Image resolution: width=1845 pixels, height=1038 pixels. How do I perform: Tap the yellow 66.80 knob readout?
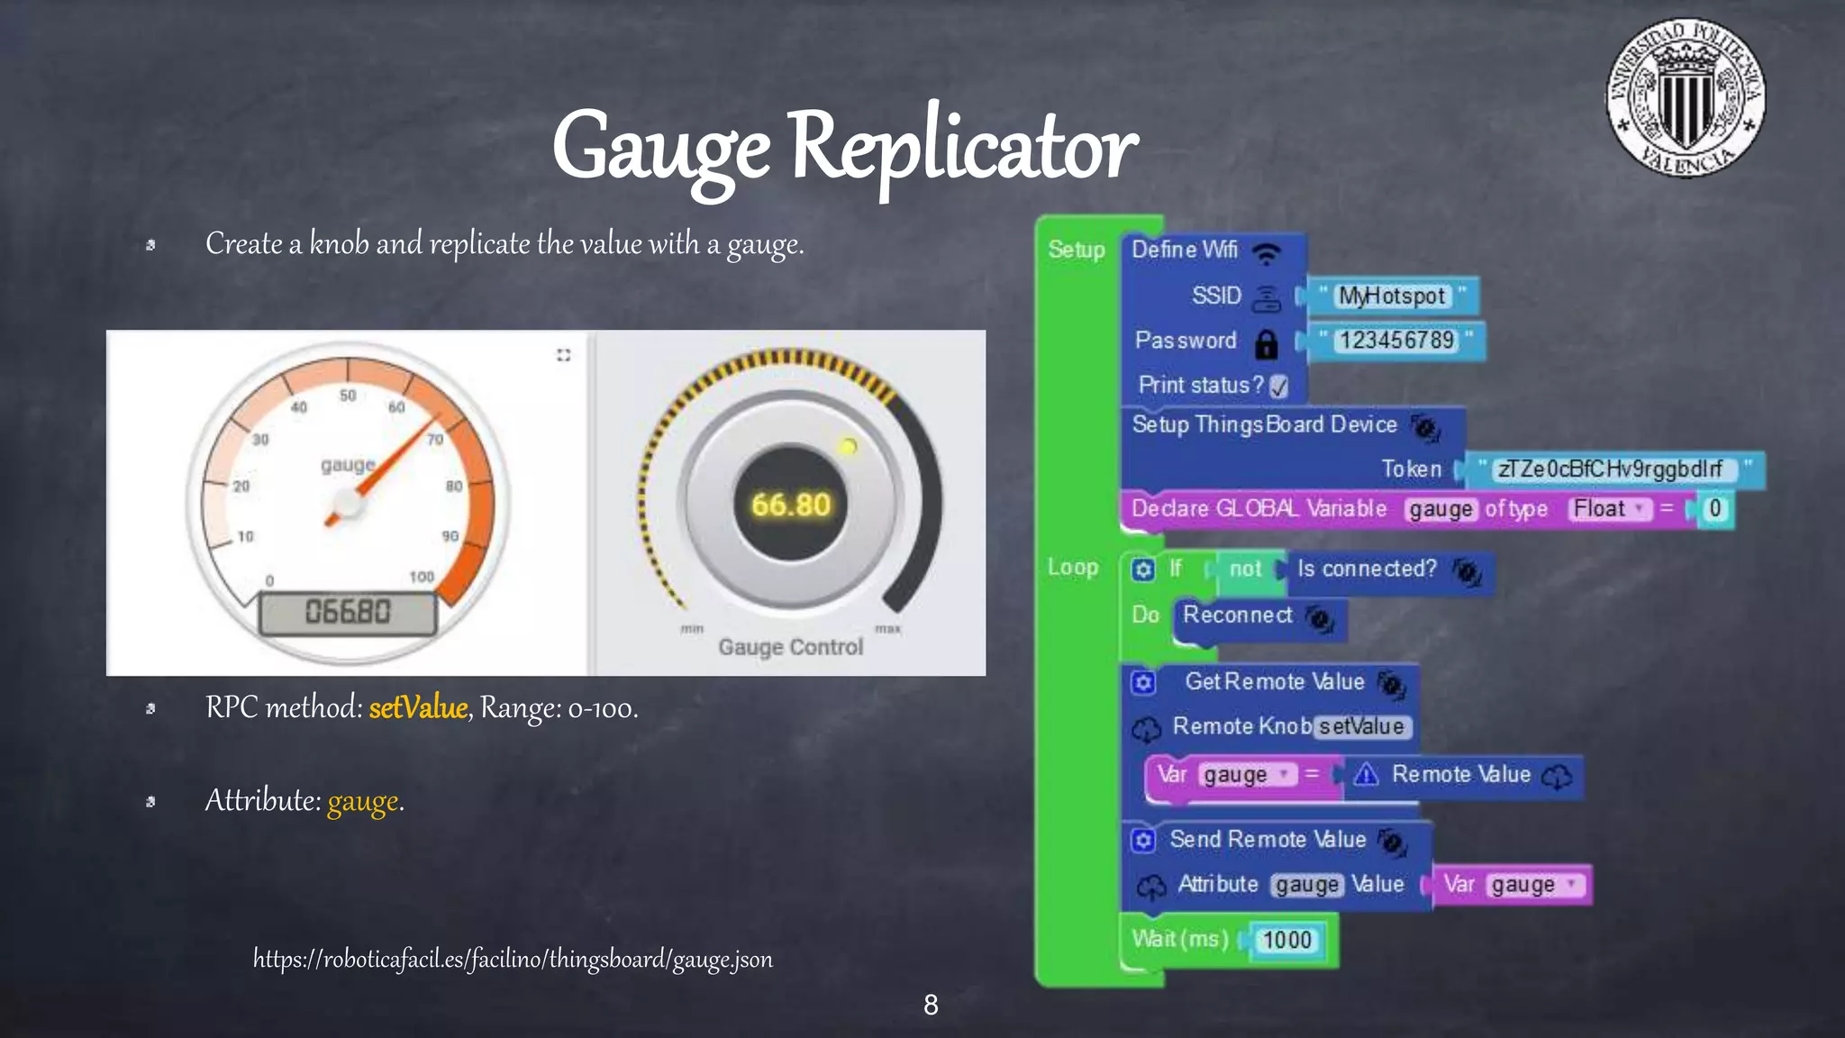coord(790,505)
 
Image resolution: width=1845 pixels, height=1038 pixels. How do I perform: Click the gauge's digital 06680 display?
coord(348,613)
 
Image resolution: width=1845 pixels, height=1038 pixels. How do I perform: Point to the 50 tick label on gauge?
coord(348,396)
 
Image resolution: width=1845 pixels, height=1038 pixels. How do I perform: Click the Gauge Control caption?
coord(790,647)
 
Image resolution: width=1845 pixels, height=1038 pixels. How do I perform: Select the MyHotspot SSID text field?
coord(1392,296)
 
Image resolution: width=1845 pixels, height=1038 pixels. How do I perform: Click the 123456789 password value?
coord(1395,341)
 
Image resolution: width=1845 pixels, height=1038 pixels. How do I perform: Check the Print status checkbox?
coord(1278,387)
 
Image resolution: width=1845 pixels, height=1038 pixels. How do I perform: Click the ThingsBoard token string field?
coord(1610,469)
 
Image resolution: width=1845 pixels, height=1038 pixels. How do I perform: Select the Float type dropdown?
coord(1609,509)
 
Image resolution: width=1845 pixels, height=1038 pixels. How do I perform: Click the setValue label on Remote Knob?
coord(1361,727)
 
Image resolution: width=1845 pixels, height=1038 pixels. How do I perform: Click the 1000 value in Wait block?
coord(1286,941)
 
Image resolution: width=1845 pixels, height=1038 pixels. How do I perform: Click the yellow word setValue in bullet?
coord(418,708)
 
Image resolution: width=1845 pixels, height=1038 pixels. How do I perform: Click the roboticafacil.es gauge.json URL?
coord(513,959)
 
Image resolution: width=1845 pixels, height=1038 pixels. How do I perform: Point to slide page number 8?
coord(931,1005)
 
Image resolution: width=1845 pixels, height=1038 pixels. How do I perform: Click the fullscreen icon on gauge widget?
coord(564,355)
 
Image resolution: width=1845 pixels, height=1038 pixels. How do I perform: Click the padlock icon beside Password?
coord(1266,343)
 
